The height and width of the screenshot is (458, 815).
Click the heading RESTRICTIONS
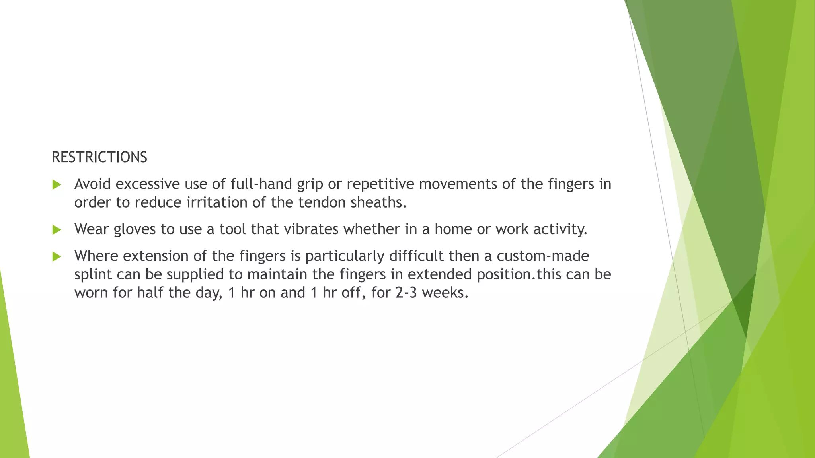tap(99, 157)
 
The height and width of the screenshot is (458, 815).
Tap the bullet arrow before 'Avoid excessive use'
tap(57, 185)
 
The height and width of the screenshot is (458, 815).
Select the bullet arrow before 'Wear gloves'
tap(57, 230)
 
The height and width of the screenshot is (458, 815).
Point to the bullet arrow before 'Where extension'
tap(57, 256)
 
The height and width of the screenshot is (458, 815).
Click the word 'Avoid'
tap(92, 184)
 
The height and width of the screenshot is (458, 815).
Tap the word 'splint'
tap(93, 274)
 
